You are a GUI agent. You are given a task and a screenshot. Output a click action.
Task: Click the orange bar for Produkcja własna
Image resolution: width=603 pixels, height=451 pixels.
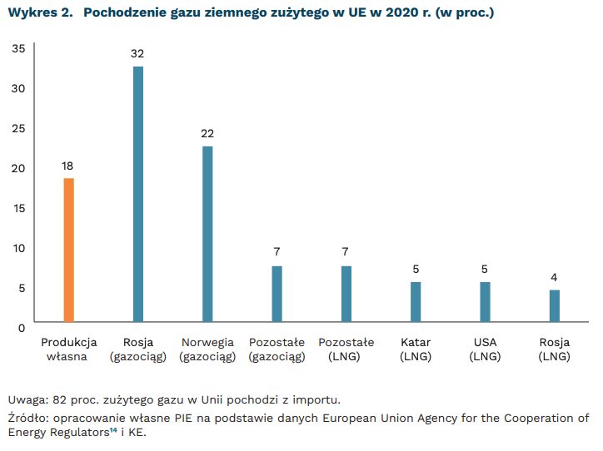[69, 250]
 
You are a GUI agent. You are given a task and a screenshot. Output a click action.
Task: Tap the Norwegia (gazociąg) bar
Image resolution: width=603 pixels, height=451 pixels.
[207, 234]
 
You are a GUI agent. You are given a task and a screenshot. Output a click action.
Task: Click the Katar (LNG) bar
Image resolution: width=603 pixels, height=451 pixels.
[416, 302]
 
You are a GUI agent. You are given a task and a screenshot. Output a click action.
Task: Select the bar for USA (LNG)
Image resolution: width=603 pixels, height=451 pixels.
[485, 302]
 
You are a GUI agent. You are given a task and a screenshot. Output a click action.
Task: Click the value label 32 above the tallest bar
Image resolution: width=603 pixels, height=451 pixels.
[138, 54]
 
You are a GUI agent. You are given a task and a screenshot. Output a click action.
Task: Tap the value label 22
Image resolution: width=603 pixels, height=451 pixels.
[207, 134]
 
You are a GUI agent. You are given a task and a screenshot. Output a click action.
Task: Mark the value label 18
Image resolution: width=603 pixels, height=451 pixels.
[69, 166]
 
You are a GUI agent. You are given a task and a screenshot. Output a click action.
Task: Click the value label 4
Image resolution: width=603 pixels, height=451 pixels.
[554, 277]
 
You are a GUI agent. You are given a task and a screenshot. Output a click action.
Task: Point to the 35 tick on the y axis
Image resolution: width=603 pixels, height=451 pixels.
[18, 48]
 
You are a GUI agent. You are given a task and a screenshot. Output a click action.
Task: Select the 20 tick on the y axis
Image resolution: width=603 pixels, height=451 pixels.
[18, 168]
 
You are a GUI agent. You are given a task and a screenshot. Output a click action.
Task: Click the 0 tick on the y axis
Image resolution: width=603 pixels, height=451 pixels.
[22, 328]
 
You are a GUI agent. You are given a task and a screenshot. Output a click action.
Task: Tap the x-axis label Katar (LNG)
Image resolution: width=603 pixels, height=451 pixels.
[416, 349]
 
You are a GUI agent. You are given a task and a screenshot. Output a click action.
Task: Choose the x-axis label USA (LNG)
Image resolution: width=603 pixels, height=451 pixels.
[485, 349]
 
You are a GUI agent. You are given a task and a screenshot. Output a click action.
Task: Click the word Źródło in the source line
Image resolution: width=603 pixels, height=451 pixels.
[26, 418]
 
